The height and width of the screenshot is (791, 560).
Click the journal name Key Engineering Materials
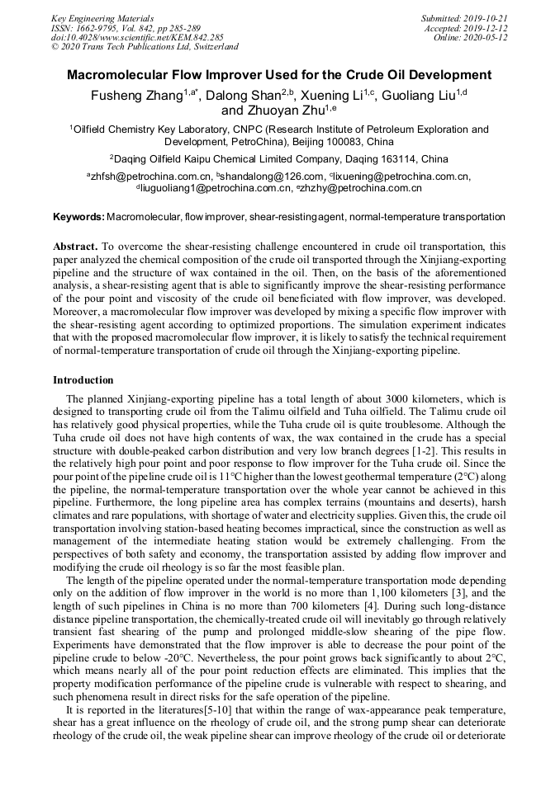(102, 17)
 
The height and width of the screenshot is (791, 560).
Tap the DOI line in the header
(137, 37)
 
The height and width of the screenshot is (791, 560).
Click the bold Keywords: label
(78, 217)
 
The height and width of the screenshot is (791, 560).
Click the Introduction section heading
(83, 380)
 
